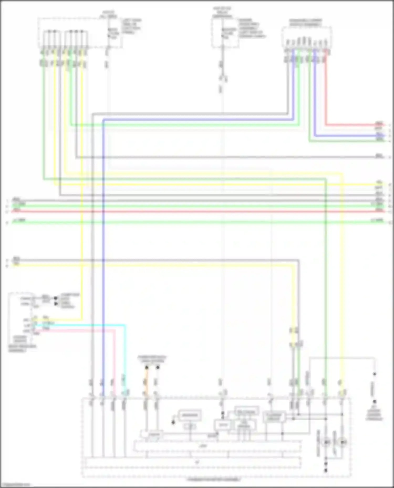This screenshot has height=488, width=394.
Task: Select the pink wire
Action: (115, 362)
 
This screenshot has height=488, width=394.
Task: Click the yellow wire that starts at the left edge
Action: (158, 266)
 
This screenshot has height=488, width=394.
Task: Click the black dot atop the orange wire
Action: (147, 368)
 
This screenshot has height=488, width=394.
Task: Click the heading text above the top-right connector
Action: (306, 23)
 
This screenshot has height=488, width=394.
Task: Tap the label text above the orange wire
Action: (152, 359)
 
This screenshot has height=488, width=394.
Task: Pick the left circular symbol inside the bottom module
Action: (326, 442)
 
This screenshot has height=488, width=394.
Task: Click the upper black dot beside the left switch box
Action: (55, 298)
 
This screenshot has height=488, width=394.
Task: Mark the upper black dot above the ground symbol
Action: (375, 374)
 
